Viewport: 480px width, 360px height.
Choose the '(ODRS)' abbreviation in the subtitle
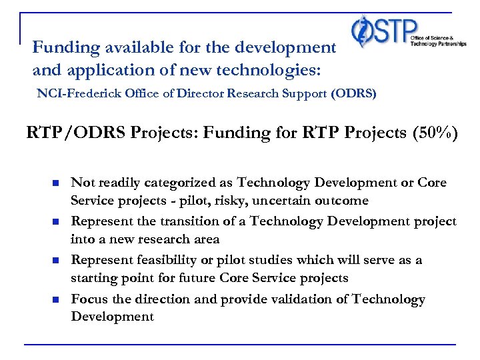pyautogui.click(x=353, y=94)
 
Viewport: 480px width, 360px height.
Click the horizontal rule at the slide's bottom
pyautogui.click(x=240, y=345)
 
